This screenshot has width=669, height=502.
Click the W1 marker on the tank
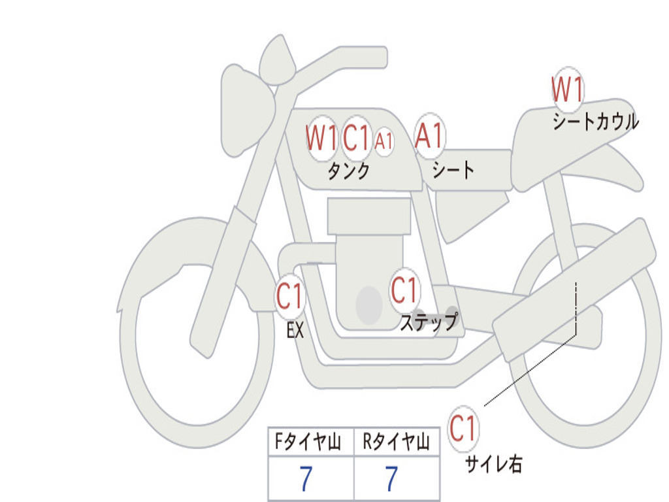[321, 138]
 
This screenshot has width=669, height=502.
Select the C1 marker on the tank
[357, 138]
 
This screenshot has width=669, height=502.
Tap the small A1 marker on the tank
[384, 140]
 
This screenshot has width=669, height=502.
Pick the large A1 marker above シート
[429, 137]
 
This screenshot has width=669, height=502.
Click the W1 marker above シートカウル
[567, 90]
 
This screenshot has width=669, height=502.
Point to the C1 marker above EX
[290, 297]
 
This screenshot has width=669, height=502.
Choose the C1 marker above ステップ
[404, 290]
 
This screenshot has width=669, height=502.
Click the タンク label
[348, 171]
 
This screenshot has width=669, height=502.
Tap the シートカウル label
[595, 122]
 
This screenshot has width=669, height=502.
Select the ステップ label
[429, 322]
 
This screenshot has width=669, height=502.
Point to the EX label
[295, 331]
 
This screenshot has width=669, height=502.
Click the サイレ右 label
[493, 464]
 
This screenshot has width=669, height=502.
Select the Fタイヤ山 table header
[310, 443]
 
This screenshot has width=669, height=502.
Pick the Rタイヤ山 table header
[396, 443]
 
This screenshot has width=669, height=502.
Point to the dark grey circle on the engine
[369, 305]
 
